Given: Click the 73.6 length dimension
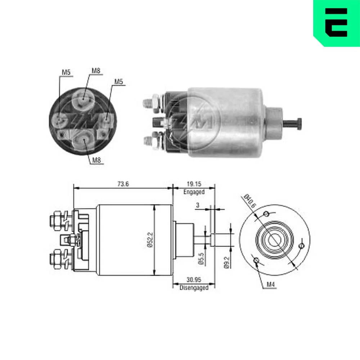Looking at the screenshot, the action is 123,184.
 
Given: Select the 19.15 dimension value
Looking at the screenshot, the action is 194,184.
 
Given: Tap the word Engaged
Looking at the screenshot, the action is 194,192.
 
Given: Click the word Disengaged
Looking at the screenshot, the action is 194,288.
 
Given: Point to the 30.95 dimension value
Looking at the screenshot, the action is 194,280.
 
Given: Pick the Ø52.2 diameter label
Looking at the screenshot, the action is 150,240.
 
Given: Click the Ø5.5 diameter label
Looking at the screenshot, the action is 201,259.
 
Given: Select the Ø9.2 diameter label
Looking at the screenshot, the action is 226,262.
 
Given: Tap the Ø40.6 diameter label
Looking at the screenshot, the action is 249,201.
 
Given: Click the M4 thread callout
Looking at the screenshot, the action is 270,285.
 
